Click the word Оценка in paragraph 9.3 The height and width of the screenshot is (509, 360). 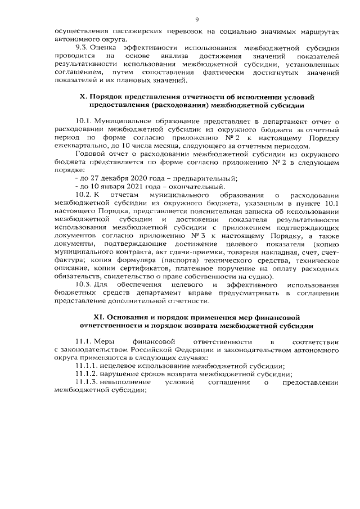106,48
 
